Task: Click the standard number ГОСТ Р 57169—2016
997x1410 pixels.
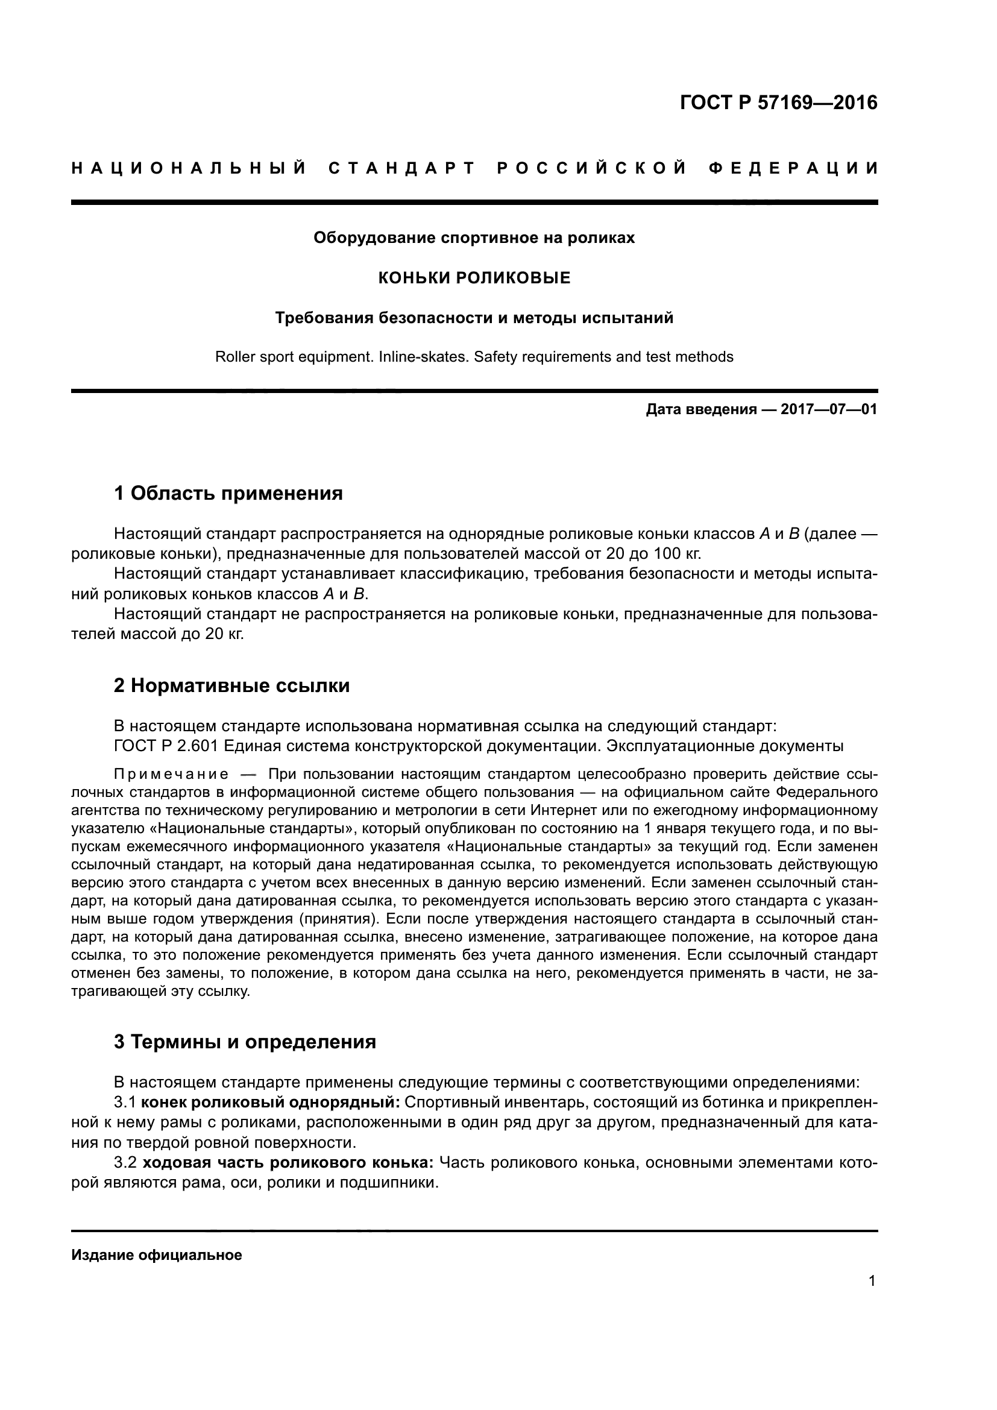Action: [778, 102]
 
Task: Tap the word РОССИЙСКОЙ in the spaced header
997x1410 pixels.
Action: [593, 168]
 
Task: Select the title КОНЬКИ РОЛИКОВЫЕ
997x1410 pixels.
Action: [474, 278]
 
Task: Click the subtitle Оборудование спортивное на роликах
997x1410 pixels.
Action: [474, 238]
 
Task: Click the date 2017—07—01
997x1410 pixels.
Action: [829, 409]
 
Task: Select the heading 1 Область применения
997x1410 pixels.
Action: [228, 493]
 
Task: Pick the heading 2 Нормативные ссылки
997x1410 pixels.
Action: [231, 685]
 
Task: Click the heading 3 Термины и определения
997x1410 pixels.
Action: [244, 1042]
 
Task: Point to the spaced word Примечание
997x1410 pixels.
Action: [171, 775]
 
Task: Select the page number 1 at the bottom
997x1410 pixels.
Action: [872, 1281]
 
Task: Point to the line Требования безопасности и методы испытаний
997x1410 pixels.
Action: [474, 318]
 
